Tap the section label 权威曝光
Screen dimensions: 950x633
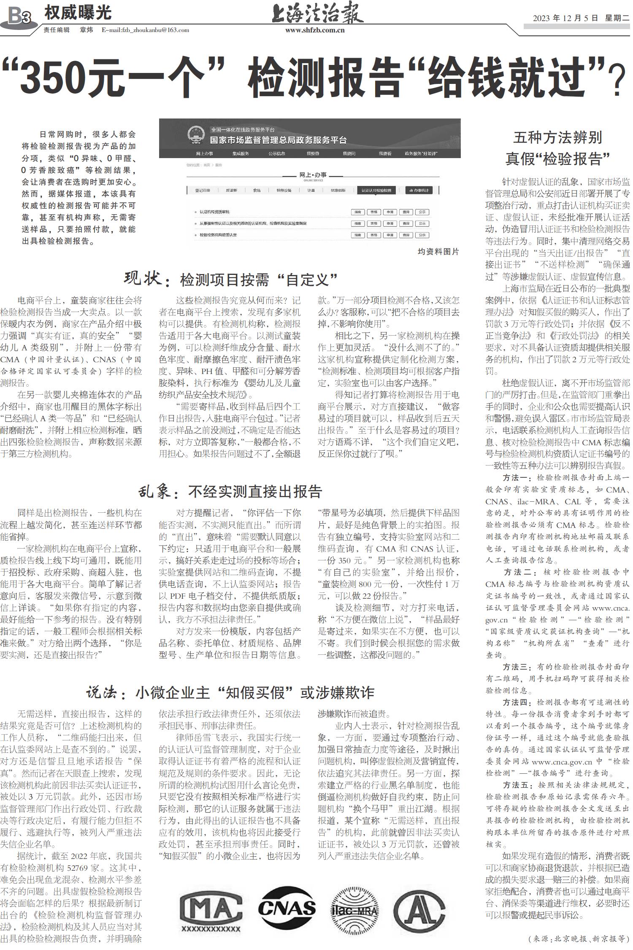[x=78, y=13]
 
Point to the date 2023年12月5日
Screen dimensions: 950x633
[x=565, y=18]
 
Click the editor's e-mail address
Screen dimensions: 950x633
[x=145, y=30]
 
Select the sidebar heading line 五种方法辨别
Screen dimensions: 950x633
[x=558, y=137]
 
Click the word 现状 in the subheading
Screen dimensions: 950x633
[x=143, y=279]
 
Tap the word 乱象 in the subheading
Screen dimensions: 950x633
[x=155, y=492]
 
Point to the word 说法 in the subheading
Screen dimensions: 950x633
[x=101, y=693]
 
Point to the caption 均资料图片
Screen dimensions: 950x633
[x=438, y=252]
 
